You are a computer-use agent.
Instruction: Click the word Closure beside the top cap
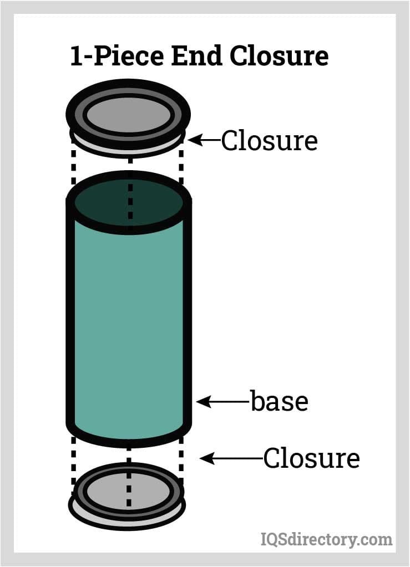(x=269, y=141)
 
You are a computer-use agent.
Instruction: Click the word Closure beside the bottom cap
(x=311, y=458)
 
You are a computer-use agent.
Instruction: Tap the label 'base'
(x=279, y=401)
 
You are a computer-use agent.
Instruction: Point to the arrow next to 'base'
(x=222, y=401)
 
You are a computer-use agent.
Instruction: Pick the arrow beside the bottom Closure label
(x=230, y=458)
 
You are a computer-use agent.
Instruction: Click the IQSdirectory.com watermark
(x=326, y=538)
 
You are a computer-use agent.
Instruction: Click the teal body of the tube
(x=128, y=321)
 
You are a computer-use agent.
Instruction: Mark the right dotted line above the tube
(x=181, y=166)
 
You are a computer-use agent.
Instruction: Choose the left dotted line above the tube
(x=73, y=166)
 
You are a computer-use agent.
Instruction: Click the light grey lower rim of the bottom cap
(x=128, y=520)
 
